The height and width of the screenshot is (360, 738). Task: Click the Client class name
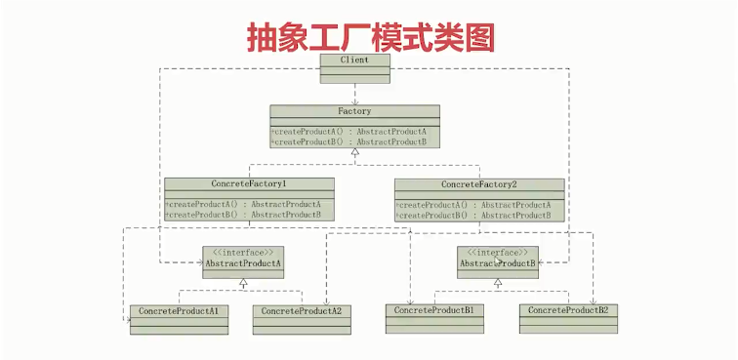[354, 60]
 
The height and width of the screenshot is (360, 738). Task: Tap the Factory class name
[354, 111]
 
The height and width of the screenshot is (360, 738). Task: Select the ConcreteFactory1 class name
[249, 183]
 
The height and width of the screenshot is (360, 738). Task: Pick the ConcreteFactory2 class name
[478, 184]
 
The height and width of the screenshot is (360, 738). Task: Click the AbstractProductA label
[243, 263]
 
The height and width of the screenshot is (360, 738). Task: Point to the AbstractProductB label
[498, 263]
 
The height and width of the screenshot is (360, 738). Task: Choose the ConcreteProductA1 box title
[178, 311]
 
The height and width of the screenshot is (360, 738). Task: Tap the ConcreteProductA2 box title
[302, 311]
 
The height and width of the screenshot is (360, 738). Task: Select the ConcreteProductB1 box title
[434, 310]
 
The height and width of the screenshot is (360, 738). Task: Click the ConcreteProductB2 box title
[568, 310]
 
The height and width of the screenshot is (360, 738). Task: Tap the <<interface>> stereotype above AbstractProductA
[243, 252]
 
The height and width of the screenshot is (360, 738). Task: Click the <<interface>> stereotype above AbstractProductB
[498, 252]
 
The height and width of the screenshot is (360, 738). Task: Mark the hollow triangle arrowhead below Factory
[354, 153]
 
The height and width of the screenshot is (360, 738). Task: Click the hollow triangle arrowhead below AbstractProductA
[243, 283]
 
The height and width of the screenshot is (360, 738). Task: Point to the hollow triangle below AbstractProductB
[498, 283]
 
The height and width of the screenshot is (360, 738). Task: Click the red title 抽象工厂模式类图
[369, 36]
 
